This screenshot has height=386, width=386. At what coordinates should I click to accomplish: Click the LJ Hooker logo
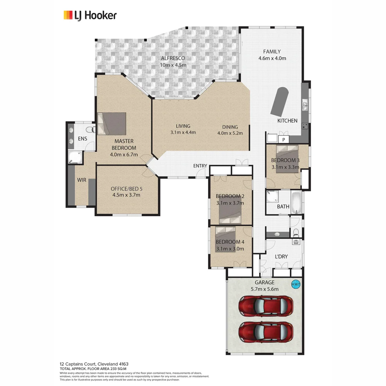[x=90, y=15]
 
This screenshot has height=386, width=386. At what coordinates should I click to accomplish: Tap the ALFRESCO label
[x=173, y=58]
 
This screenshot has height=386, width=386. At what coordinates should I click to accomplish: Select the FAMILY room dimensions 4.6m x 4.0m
[x=272, y=58]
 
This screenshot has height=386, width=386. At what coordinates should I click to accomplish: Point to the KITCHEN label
[x=287, y=121]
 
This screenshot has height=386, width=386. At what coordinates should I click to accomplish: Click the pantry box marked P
[x=283, y=140]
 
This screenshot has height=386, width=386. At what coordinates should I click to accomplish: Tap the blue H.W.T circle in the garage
[x=296, y=284]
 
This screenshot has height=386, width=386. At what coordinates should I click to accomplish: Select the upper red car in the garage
[x=266, y=306]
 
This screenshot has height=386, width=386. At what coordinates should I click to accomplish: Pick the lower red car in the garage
[x=266, y=331]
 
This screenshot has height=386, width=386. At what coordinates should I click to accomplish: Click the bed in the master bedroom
[x=112, y=124]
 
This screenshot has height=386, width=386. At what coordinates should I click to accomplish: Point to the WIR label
[x=81, y=180]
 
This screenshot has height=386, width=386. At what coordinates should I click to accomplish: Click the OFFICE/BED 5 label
[x=126, y=188]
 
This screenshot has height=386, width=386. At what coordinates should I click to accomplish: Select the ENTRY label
[x=200, y=166]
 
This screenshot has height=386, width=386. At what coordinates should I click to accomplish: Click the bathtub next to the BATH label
[x=296, y=203]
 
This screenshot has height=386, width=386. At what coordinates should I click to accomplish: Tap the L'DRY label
[x=281, y=257]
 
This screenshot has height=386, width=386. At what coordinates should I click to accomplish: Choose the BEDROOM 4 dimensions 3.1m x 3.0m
[x=230, y=249]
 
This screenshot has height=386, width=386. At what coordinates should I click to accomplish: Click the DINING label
[x=230, y=127]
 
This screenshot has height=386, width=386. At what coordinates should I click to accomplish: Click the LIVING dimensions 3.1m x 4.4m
[x=183, y=133]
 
